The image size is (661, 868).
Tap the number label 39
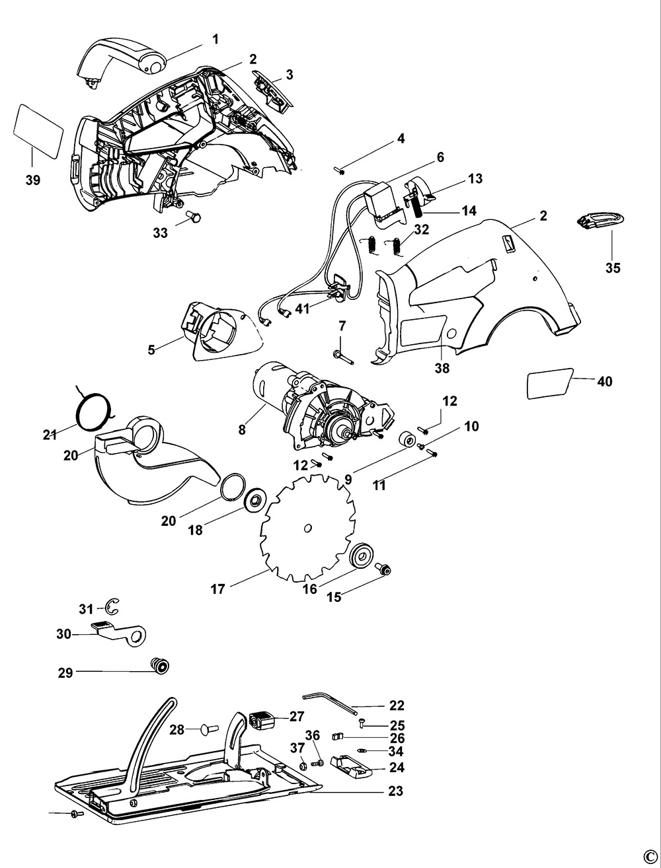point(32,180)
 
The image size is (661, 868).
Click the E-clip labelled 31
point(111,607)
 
